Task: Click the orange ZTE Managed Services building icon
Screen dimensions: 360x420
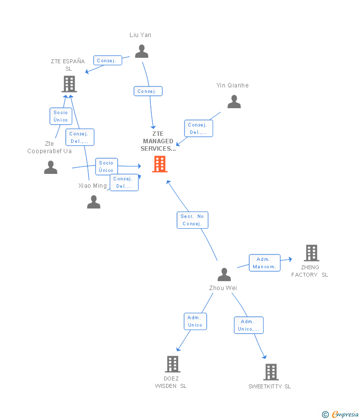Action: (160, 164)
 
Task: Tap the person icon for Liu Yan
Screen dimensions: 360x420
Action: (141, 51)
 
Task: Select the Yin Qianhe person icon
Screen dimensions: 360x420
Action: (234, 101)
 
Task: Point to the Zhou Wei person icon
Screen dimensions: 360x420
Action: (224, 275)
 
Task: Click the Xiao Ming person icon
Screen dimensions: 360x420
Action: (93, 202)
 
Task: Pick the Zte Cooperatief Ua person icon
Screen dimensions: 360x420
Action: (50, 168)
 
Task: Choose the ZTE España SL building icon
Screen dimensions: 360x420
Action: (69, 84)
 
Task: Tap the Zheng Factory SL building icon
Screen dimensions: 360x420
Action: (312, 253)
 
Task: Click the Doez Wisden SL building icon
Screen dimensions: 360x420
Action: (173, 364)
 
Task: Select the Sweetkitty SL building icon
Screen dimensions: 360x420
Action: (271, 372)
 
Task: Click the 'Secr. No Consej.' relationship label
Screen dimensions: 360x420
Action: (192, 220)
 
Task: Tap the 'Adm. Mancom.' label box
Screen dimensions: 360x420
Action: (265, 263)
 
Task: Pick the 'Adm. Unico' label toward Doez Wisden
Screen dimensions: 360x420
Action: (195, 322)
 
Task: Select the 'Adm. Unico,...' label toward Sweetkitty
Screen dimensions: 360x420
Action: (249, 326)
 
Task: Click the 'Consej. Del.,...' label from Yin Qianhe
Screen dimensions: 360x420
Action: (199, 128)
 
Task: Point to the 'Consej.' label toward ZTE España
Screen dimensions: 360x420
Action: (108, 61)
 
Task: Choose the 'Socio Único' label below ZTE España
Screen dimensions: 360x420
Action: (61, 116)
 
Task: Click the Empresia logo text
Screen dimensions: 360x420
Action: (345, 415)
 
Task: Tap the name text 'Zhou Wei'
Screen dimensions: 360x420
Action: (223, 288)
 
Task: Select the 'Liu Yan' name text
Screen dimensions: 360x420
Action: (140, 35)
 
